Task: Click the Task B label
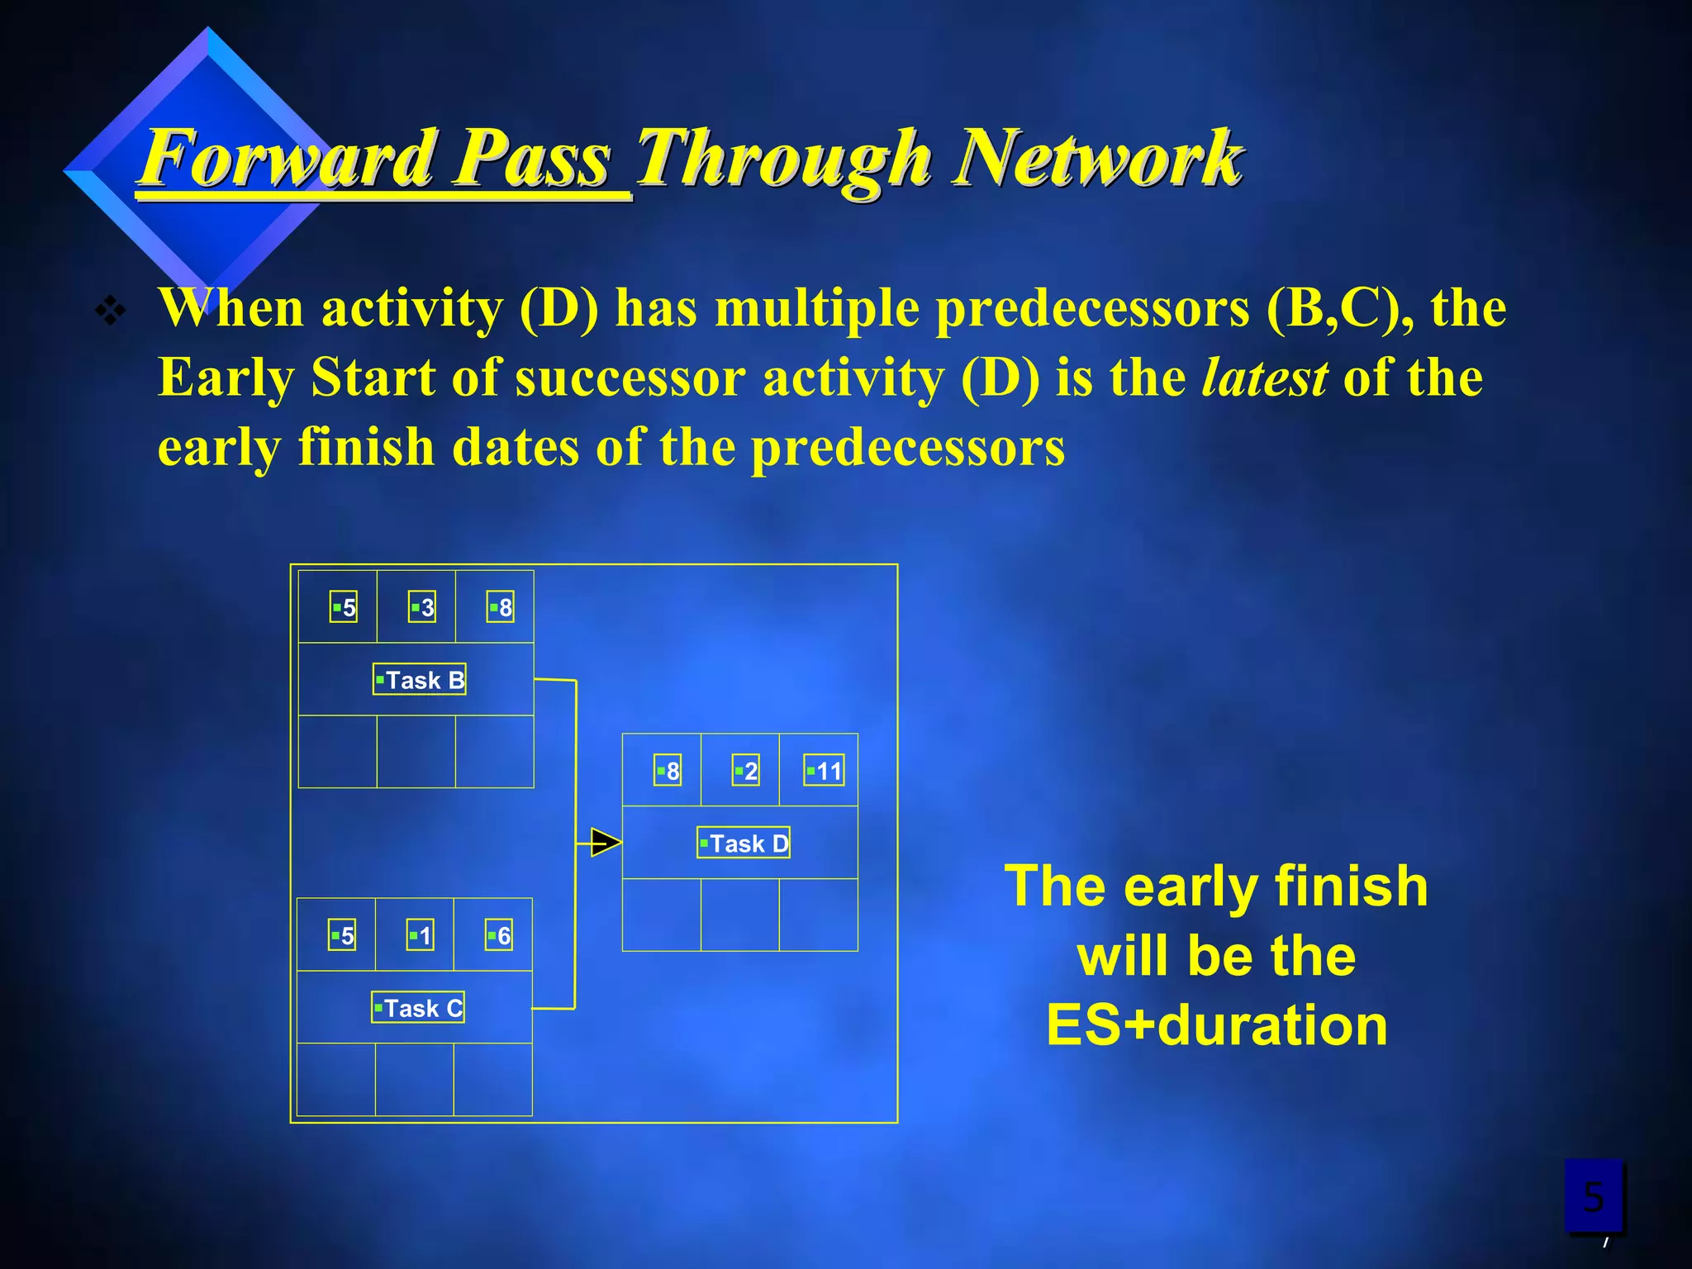(x=420, y=679)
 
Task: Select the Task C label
(x=418, y=1007)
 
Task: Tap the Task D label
(x=744, y=843)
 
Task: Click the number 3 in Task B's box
(x=422, y=607)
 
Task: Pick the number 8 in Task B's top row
(x=501, y=607)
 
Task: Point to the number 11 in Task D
(x=825, y=771)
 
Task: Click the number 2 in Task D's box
(x=746, y=771)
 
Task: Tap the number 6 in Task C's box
(x=499, y=935)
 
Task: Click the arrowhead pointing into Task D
(x=606, y=843)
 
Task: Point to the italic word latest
(x=1264, y=378)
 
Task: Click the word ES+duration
(x=1216, y=1025)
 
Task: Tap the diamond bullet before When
(x=110, y=311)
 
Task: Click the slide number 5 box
(x=1593, y=1195)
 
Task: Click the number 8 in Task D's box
(x=668, y=771)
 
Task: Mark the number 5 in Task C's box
(x=342, y=935)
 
